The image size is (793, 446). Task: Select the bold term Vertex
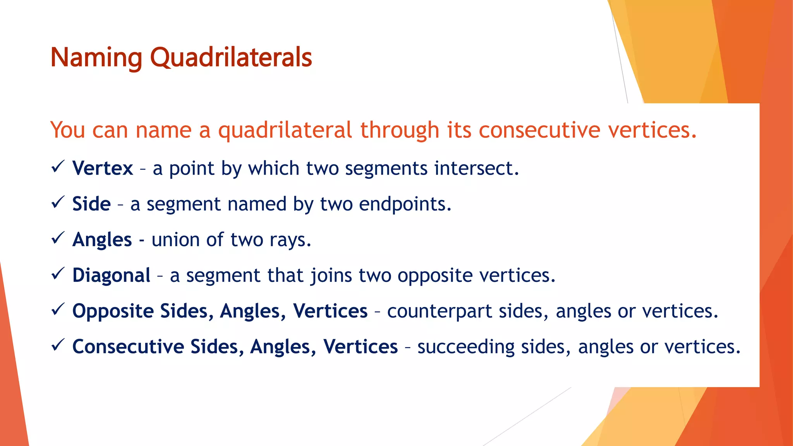coord(103,168)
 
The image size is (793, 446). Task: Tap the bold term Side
coord(91,204)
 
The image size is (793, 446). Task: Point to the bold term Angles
coord(102,240)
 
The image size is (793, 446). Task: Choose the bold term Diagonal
coord(112,275)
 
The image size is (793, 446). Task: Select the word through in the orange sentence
coord(400,130)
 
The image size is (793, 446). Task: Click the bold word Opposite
coord(113,311)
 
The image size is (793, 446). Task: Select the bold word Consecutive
coord(128,347)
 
